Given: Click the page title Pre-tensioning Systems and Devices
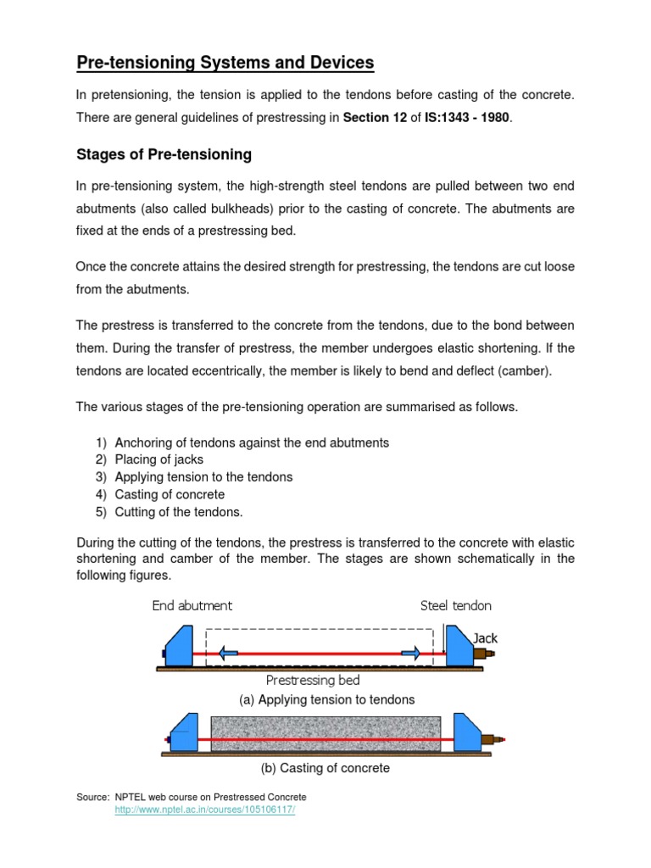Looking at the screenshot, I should click(x=225, y=63).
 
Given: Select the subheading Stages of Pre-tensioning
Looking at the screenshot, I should click(x=164, y=154).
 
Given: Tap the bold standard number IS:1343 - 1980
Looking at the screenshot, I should click(x=468, y=118).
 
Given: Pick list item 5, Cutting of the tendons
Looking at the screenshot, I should click(x=179, y=512).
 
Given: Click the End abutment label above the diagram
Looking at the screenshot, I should click(x=192, y=605).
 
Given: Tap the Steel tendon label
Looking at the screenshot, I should click(x=455, y=605).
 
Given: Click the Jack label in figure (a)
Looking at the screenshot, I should click(x=485, y=637).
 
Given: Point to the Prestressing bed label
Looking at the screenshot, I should click(x=313, y=680).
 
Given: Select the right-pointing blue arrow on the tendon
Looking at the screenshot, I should click(x=411, y=654).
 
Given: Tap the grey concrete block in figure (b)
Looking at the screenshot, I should click(x=325, y=732).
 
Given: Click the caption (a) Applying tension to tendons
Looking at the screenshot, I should click(x=326, y=699).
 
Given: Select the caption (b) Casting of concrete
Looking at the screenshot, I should click(x=325, y=768).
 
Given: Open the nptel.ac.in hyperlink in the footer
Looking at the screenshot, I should click(x=204, y=810).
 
